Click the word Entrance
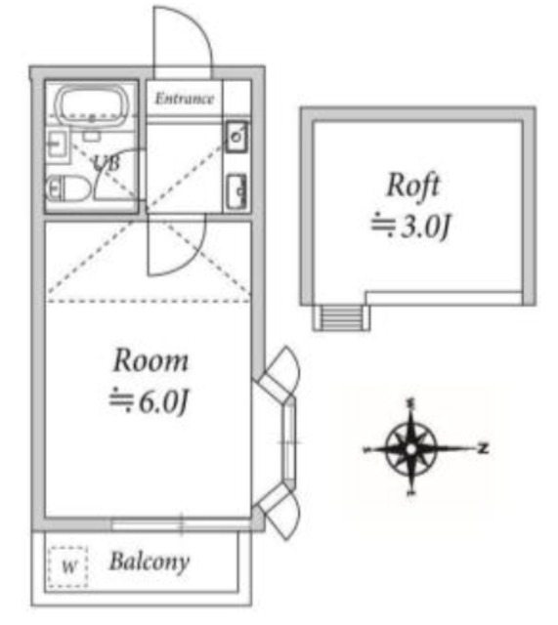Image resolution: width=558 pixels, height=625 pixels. [185, 99]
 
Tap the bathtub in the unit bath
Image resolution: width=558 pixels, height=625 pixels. [92, 104]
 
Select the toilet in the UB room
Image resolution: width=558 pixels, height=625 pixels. [68, 188]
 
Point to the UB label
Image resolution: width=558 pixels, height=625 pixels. [107, 163]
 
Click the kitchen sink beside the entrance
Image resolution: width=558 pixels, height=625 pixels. [236, 137]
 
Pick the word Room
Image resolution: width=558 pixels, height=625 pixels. [150, 360]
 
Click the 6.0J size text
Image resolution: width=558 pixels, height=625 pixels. [150, 400]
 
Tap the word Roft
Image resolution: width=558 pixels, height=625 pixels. [413, 186]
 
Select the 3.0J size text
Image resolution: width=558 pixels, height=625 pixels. [410, 226]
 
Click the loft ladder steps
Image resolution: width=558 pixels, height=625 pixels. [341, 317]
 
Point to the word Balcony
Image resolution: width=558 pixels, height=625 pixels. [150, 562]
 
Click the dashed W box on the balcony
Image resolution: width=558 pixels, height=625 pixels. [67, 566]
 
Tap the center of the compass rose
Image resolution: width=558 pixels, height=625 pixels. [411, 449]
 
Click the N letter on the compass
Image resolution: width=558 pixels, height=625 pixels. [484, 448]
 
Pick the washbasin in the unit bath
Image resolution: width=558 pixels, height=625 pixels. [58, 144]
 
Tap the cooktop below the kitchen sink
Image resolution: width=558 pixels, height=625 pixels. [236, 191]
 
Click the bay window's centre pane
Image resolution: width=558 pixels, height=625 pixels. [289, 441]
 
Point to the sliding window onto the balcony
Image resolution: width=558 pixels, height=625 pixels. [182, 524]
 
